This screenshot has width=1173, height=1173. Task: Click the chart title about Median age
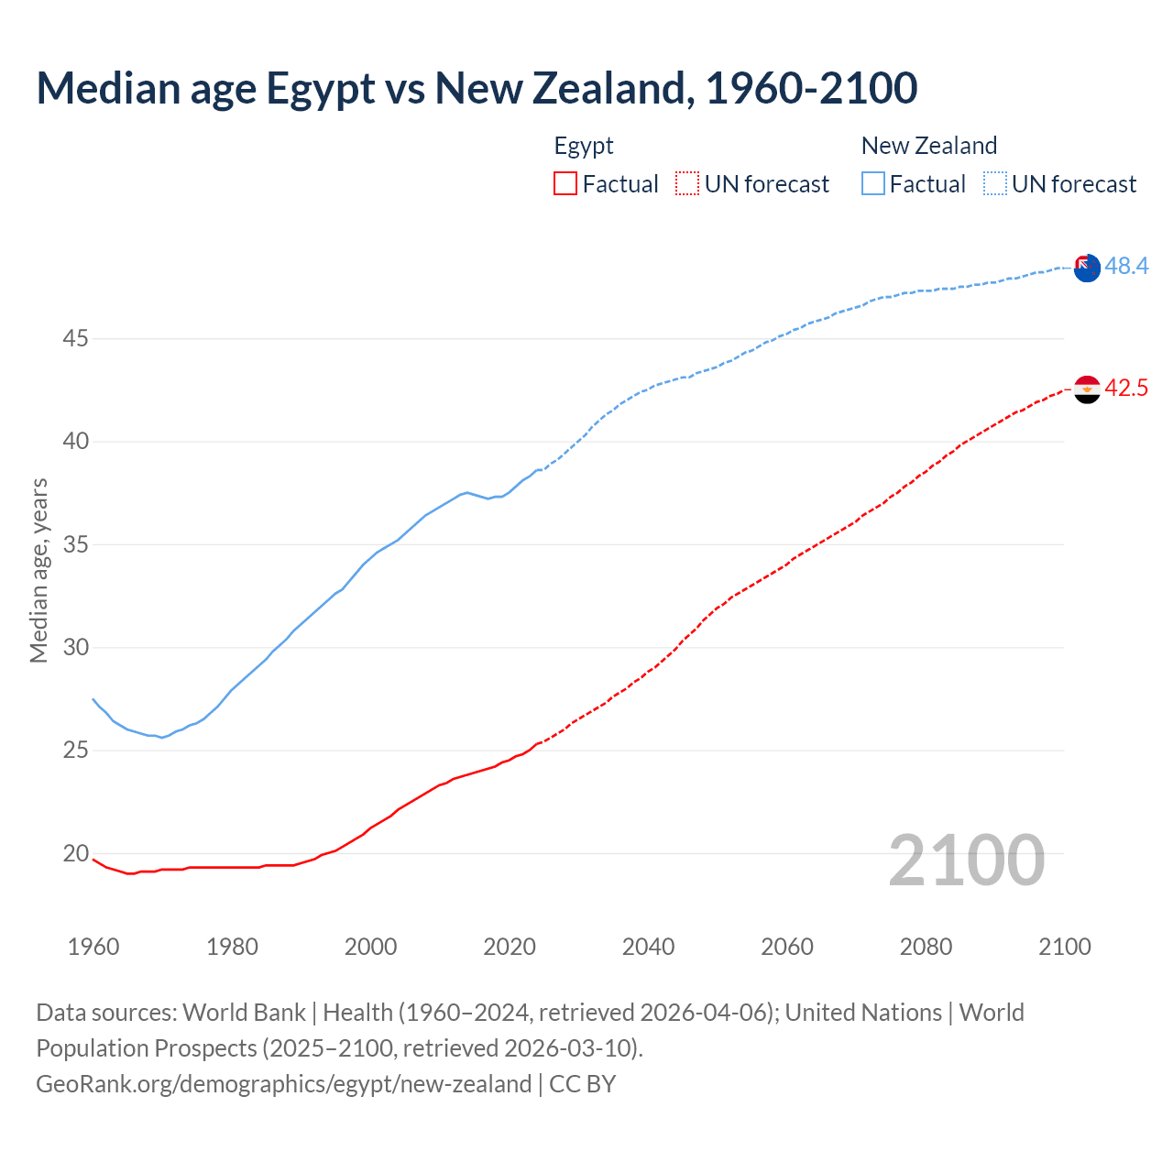(x=477, y=88)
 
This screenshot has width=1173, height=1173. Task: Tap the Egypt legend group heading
(x=584, y=146)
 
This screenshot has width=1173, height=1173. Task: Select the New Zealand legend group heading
(x=928, y=146)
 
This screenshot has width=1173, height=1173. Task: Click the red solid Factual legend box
(x=565, y=184)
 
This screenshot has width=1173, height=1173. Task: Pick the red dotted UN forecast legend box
(x=687, y=184)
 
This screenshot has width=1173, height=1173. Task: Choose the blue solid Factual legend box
(x=873, y=184)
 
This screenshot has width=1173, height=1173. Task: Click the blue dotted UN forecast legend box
(x=995, y=184)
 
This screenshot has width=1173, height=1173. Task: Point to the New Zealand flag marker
(x=1087, y=269)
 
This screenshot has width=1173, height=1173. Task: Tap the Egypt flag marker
(x=1087, y=389)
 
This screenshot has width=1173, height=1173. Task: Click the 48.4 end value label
(x=1126, y=267)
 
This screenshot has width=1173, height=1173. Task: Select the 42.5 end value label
(x=1126, y=389)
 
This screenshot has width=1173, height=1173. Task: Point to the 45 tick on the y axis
(x=75, y=339)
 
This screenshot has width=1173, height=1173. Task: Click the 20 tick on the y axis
(x=75, y=854)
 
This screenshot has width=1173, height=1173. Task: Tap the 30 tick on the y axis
(x=75, y=648)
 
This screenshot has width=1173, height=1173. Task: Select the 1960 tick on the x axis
(x=93, y=947)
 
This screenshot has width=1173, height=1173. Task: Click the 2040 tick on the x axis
(x=648, y=947)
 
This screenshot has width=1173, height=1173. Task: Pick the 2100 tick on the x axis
(x=1064, y=947)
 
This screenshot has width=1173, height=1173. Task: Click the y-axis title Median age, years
(x=38, y=570)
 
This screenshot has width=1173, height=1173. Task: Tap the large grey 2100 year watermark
(x=967, y=861)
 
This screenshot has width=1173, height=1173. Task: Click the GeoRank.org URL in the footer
(x=284, y=1084)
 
